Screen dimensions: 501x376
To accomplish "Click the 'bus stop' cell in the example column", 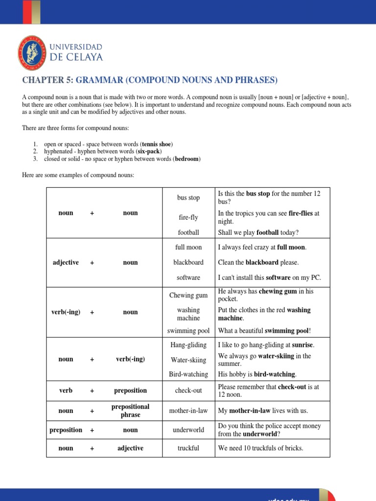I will pos(188,198).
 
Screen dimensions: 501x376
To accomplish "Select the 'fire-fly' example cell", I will pos(188,217).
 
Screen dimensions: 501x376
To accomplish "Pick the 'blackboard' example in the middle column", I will pos(188,262).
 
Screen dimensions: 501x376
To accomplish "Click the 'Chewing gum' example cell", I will pos(188,295).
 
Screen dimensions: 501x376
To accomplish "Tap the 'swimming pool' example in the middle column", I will pos(188,331).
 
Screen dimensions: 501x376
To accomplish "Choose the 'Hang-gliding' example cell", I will pos(188,345).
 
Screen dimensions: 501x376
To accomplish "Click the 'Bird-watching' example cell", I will pos(188,374).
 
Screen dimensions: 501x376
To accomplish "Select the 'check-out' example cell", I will pos(188,390).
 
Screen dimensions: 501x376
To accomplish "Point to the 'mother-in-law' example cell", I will pos(188,411).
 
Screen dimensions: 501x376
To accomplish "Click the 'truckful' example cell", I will pos(188,448).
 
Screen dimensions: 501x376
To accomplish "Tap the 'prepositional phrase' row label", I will pos(130,411).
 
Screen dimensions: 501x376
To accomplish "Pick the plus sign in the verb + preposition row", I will pos(92,391).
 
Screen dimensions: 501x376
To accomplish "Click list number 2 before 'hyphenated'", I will pos(35,152).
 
